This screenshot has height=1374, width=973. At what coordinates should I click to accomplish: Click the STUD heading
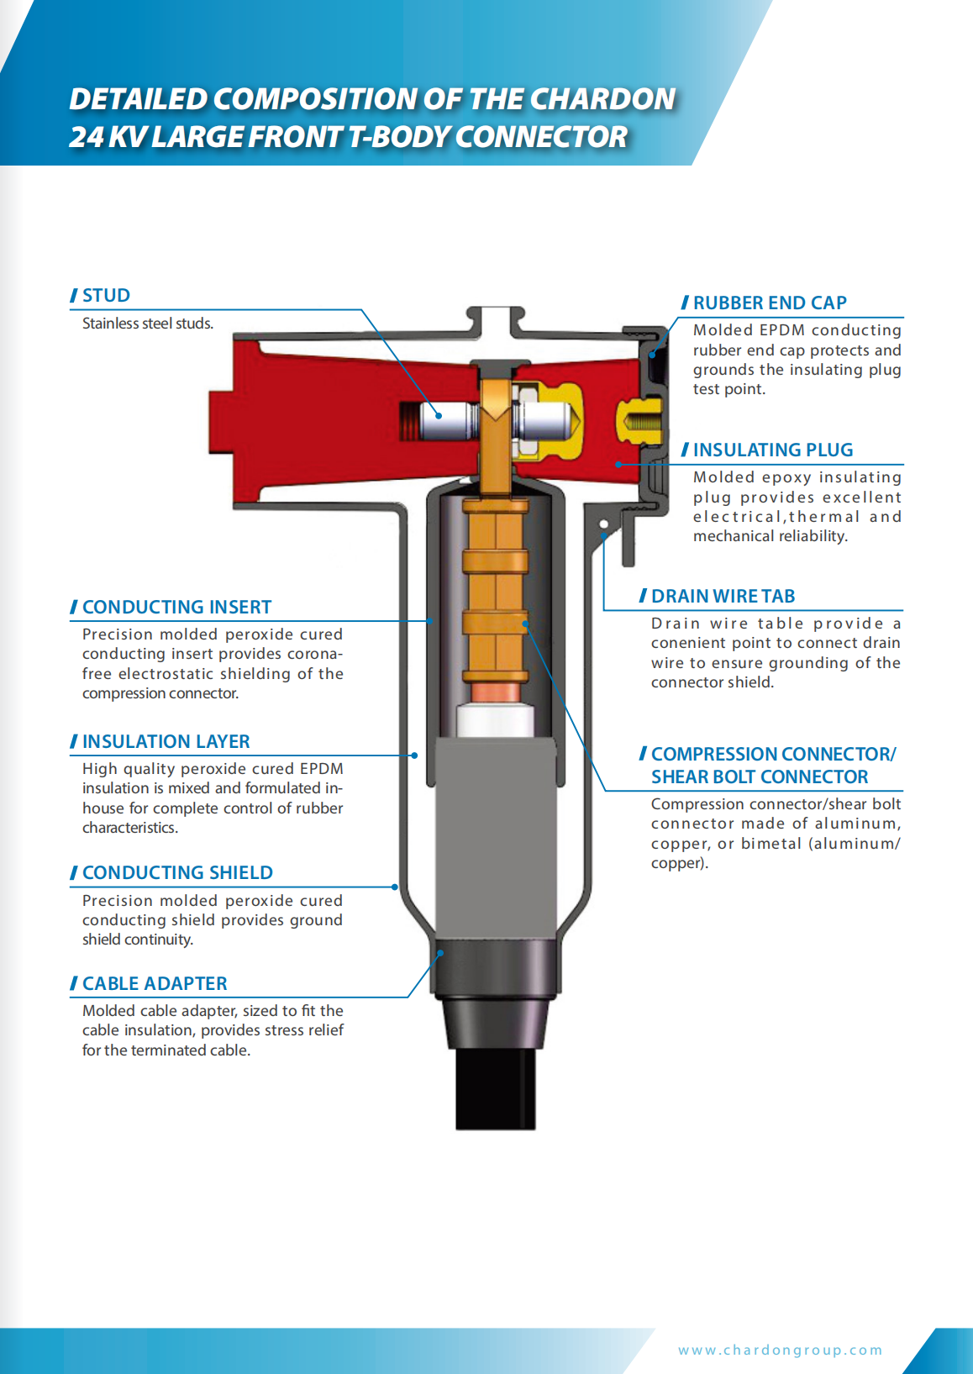(x=106, y=296)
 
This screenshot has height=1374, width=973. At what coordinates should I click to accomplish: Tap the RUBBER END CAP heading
(x=770, y=303)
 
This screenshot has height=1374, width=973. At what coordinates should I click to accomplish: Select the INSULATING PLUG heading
(x=773, y=450)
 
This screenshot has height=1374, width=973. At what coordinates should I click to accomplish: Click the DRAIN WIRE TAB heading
(x=723, y=596)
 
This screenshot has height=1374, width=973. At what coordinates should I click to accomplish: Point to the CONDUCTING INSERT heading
(x=176, y=608)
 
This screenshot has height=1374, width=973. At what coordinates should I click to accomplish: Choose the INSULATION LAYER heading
(x=166, y=741)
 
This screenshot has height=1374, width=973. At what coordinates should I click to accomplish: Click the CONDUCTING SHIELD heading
(x=177, y=873)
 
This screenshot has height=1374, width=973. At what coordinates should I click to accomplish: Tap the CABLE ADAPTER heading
(x=155, y=984)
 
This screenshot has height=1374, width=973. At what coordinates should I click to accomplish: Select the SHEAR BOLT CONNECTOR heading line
(x=760, y=777)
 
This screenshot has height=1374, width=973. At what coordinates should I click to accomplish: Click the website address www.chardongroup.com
(x=780, y=1350)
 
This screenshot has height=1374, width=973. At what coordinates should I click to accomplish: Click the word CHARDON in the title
(x=602, y=99)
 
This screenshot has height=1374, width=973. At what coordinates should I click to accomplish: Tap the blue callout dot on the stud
(x=439, y=416)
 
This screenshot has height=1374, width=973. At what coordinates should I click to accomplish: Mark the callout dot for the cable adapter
(x=440, y=953)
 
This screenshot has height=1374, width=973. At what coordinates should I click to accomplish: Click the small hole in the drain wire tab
(x=603, y=524)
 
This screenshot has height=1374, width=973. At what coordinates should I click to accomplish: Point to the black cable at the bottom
(x=496, y=1089)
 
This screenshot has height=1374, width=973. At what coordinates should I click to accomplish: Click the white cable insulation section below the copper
(x=495, y=721)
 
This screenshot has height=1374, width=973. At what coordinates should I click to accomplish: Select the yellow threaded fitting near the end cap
(x=640, y=421)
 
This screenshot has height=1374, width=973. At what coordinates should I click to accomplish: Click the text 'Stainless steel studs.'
(x=148, y=324)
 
